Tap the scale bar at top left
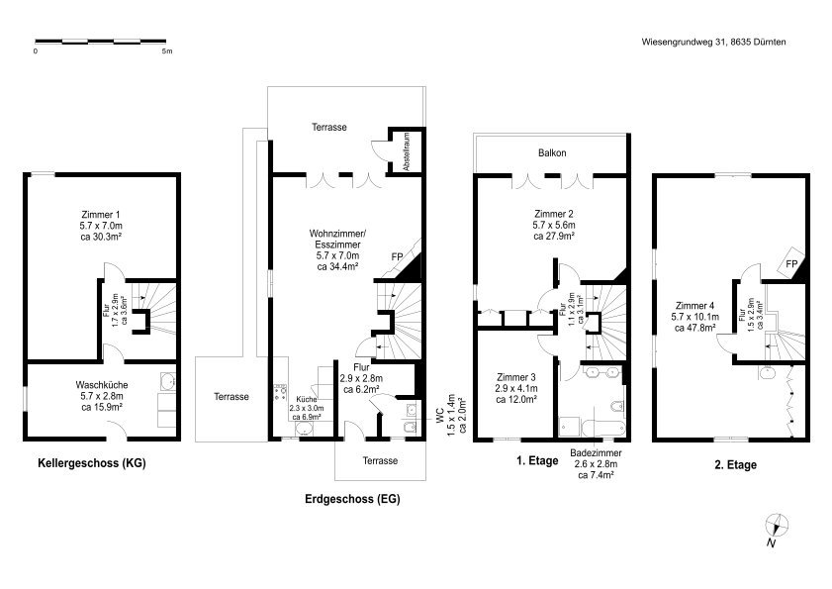[x=101, y=41]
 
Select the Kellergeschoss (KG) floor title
[x=92, y=463]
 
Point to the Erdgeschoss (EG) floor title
[x=352, y=499]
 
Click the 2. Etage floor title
[x=735, y=465]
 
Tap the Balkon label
[x=552, y=153]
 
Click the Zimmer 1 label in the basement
[x=101, y=215]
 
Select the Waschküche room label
[x=101, y=385]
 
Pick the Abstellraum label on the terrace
[x=407, y=151]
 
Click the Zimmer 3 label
[x=515, y=377]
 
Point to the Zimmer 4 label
[x=694, y=306]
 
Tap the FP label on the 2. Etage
[x=791, y=264]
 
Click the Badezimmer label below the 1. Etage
[x=596, y=453]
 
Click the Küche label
[x=307, y=399]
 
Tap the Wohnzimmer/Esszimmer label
[x=337, y=239]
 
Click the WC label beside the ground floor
[x=440, y=415]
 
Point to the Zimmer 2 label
[x=554, y=214]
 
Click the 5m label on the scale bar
[x=167, y=51]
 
